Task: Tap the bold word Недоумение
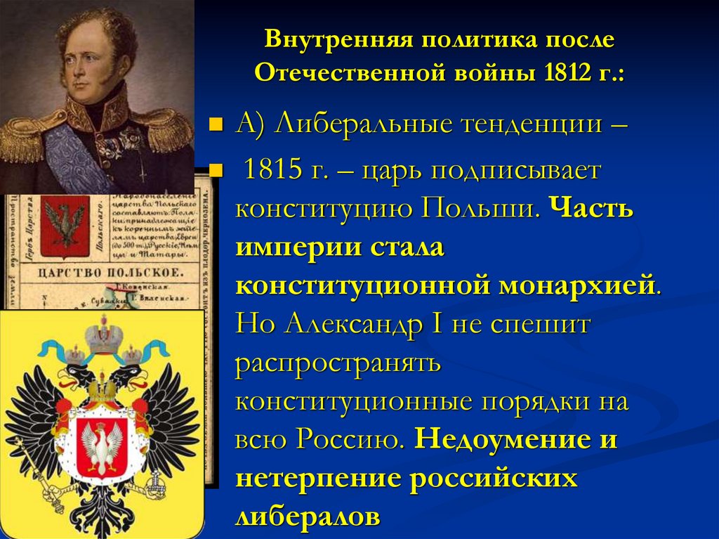pyautogui.click(x=503, y=439)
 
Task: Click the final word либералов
pyautogui.click(x=308, y=516)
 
